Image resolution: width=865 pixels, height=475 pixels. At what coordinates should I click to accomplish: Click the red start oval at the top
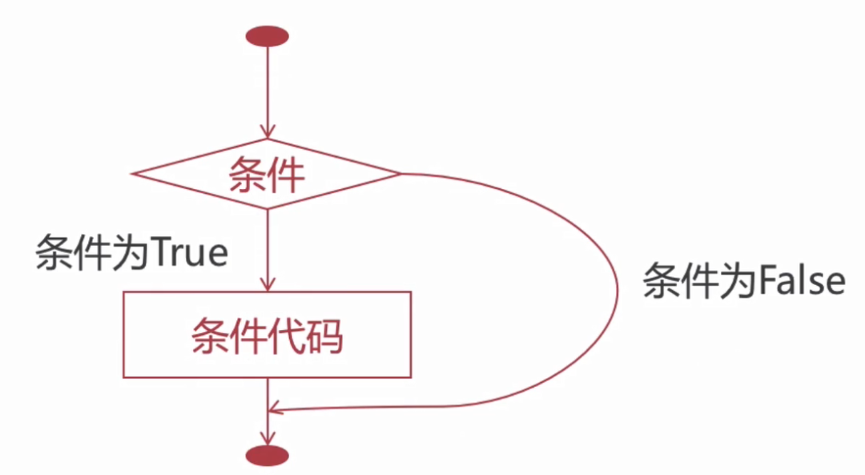point(267,36)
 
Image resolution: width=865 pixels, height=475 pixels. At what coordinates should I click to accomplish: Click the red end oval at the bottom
point(267,456)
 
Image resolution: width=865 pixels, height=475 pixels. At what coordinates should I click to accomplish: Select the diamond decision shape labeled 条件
point(267,174)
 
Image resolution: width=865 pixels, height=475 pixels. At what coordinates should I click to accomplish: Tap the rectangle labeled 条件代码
point(267,335)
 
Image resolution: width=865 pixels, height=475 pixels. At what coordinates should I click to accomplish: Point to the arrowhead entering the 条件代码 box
point(267,284)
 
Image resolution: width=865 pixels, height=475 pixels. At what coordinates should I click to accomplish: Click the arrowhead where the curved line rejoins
point(275,410)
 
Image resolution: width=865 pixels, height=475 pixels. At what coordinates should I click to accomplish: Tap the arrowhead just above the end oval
point(267,437)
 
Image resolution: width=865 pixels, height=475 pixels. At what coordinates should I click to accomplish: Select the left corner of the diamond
point(134,173)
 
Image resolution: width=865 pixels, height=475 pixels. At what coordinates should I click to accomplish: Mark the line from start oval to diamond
point(267,88)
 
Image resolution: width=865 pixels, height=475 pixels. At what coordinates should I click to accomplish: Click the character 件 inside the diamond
point(286,174)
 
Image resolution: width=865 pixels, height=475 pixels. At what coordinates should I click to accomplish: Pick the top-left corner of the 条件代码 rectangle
point(123,292)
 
